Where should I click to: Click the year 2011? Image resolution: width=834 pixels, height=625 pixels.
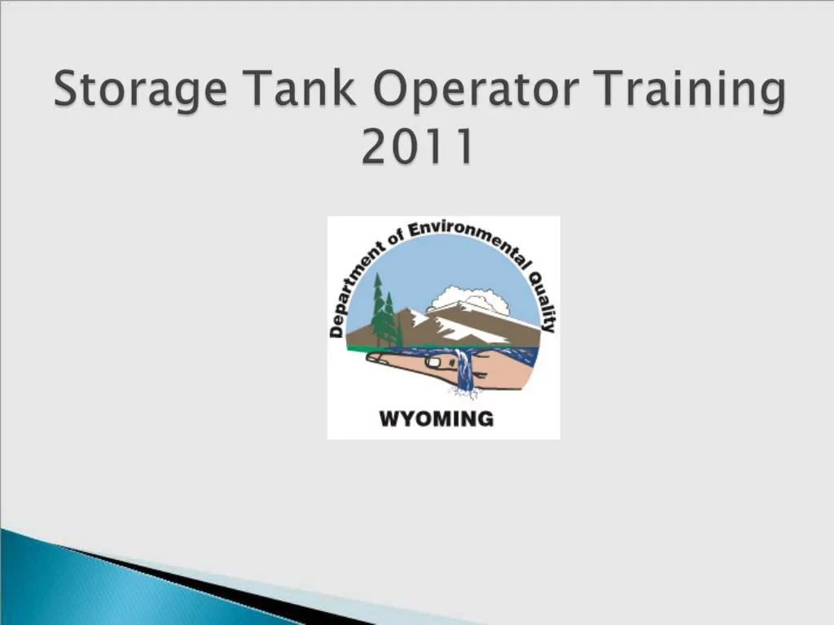[x=418, y=147]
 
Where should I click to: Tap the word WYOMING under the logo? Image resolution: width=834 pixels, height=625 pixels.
[x=437, y=419]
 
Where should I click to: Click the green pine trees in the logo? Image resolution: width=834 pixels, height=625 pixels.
[x=384, y=313]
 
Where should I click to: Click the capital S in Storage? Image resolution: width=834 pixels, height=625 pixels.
[x=68, y=90]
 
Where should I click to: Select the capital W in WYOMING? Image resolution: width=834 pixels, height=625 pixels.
[x=389, y=419]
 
